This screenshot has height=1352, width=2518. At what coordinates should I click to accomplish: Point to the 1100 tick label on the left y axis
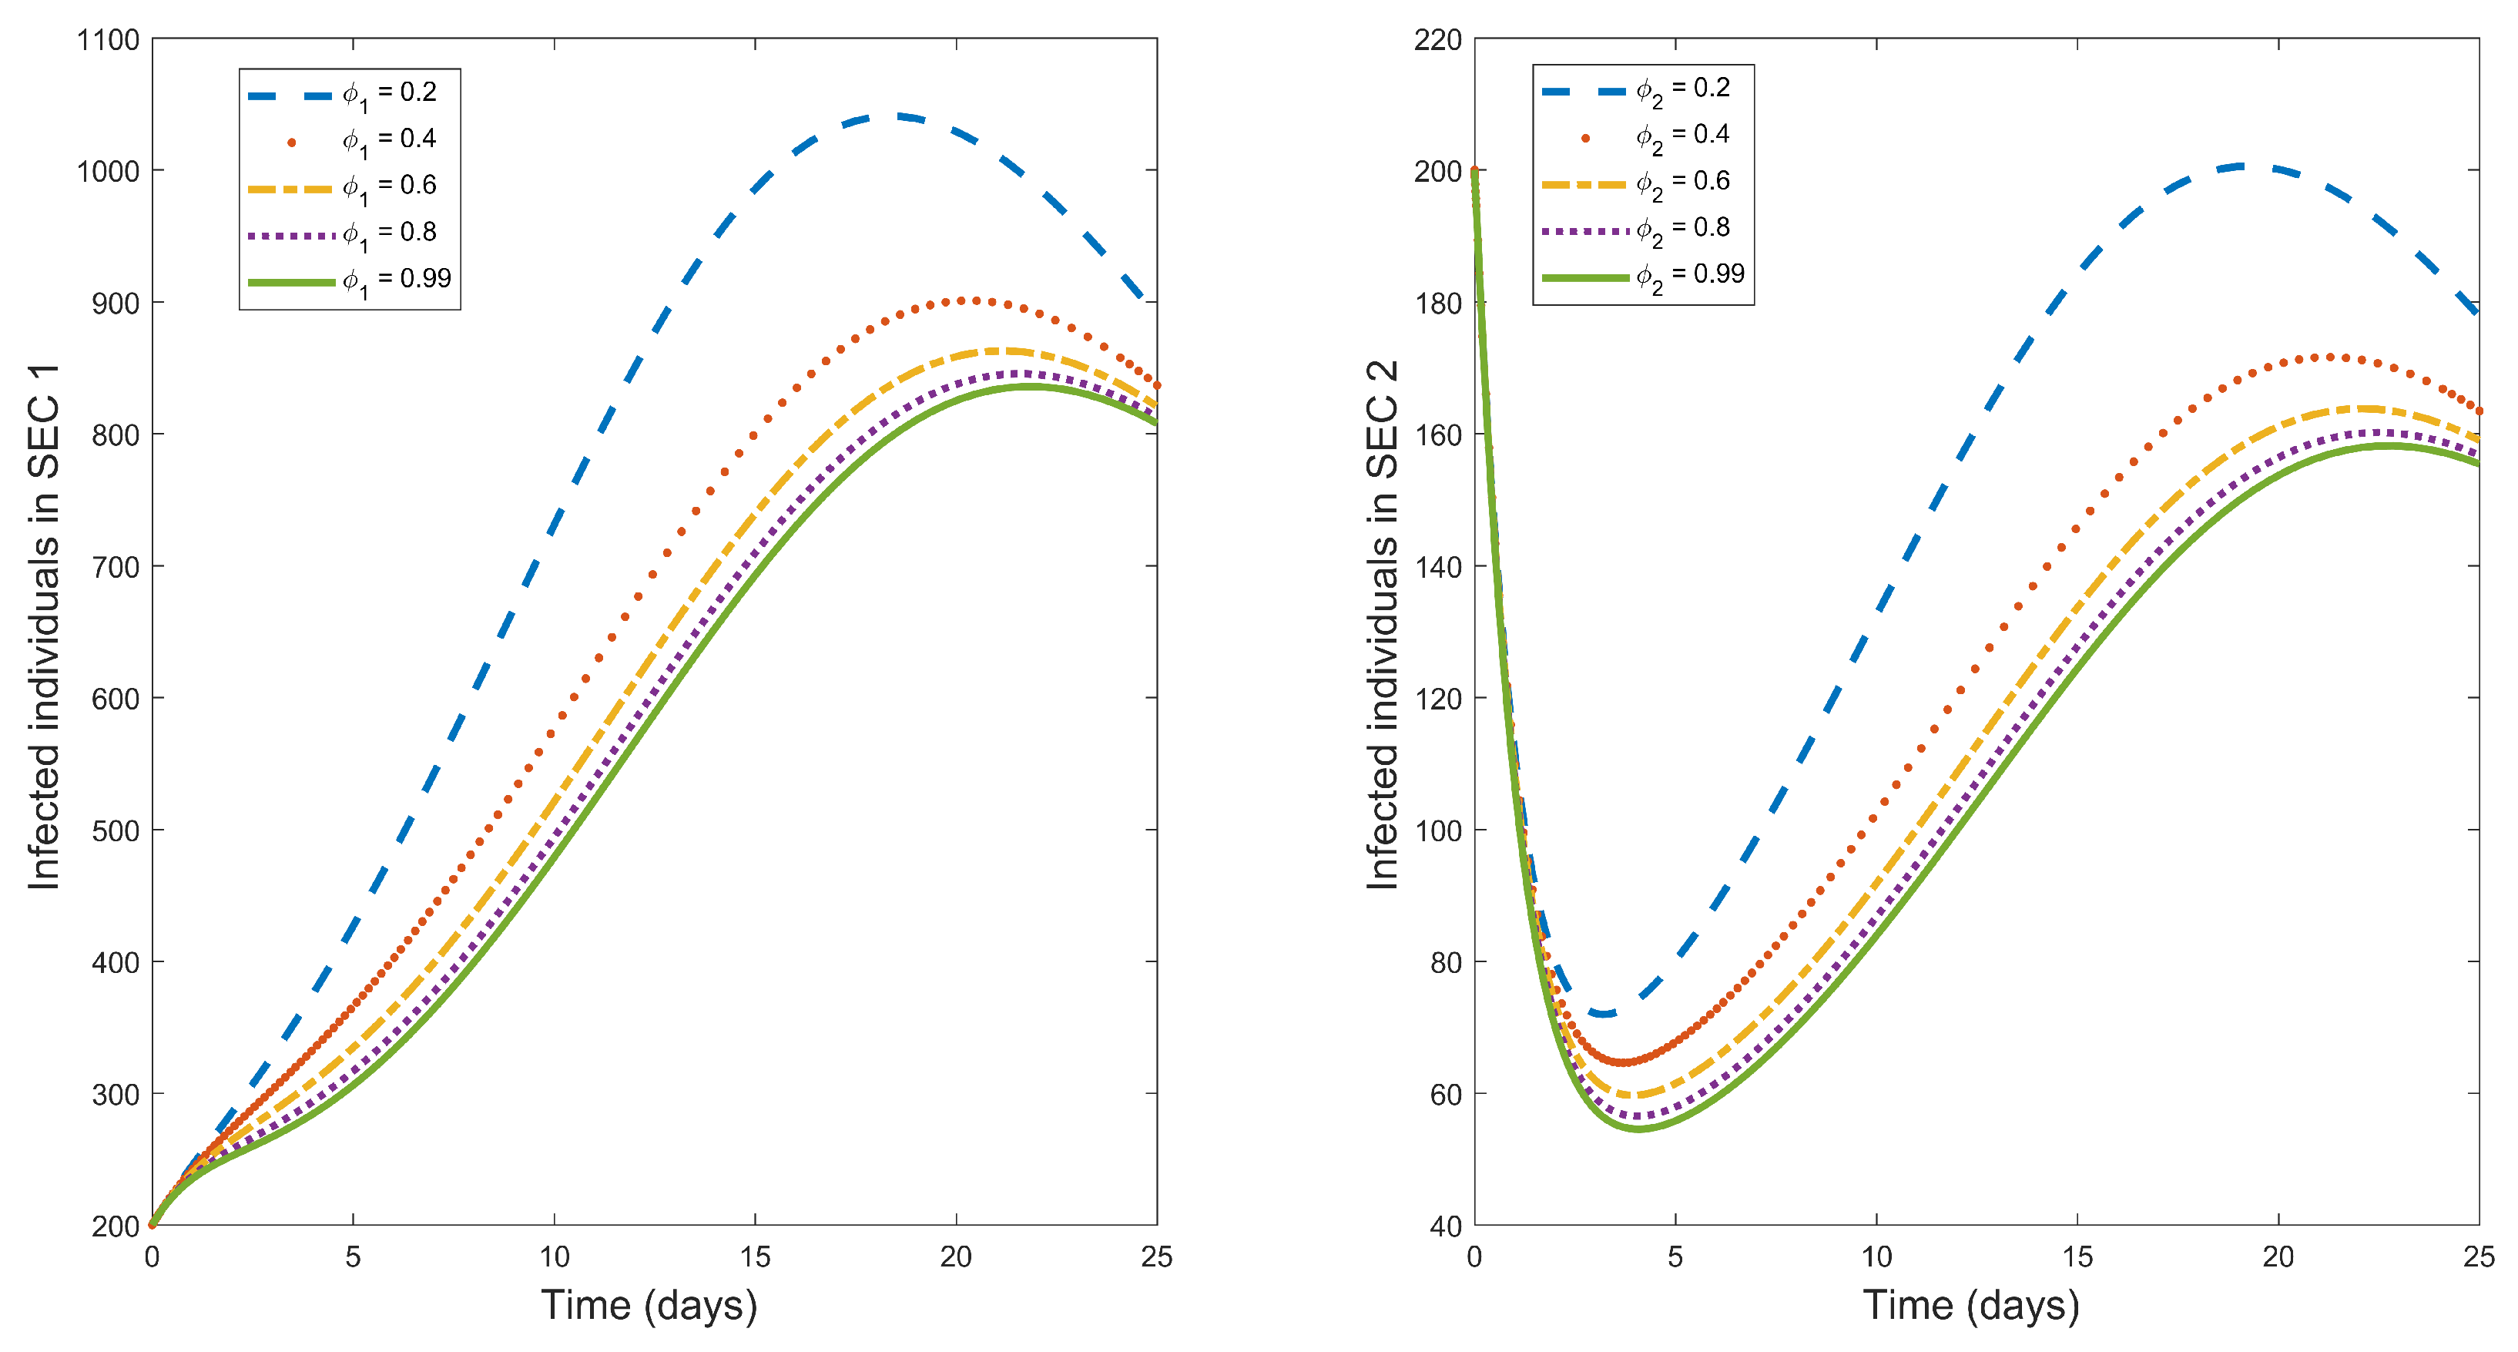108,40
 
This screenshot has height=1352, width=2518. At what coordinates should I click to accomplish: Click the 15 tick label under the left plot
755,1257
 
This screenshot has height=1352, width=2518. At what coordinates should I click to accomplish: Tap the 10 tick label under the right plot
1876,1257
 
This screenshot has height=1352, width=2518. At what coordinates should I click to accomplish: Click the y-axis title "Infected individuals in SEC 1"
44,626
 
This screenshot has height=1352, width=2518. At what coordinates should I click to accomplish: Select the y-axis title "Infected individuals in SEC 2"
1382,626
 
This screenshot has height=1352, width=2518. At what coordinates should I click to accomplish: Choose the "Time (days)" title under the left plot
649,1306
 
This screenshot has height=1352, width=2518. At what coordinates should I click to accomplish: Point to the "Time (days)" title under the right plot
1970,1306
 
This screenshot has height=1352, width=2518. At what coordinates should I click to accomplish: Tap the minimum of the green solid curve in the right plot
1638,1129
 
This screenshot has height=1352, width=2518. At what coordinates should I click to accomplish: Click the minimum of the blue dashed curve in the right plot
1603,1014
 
